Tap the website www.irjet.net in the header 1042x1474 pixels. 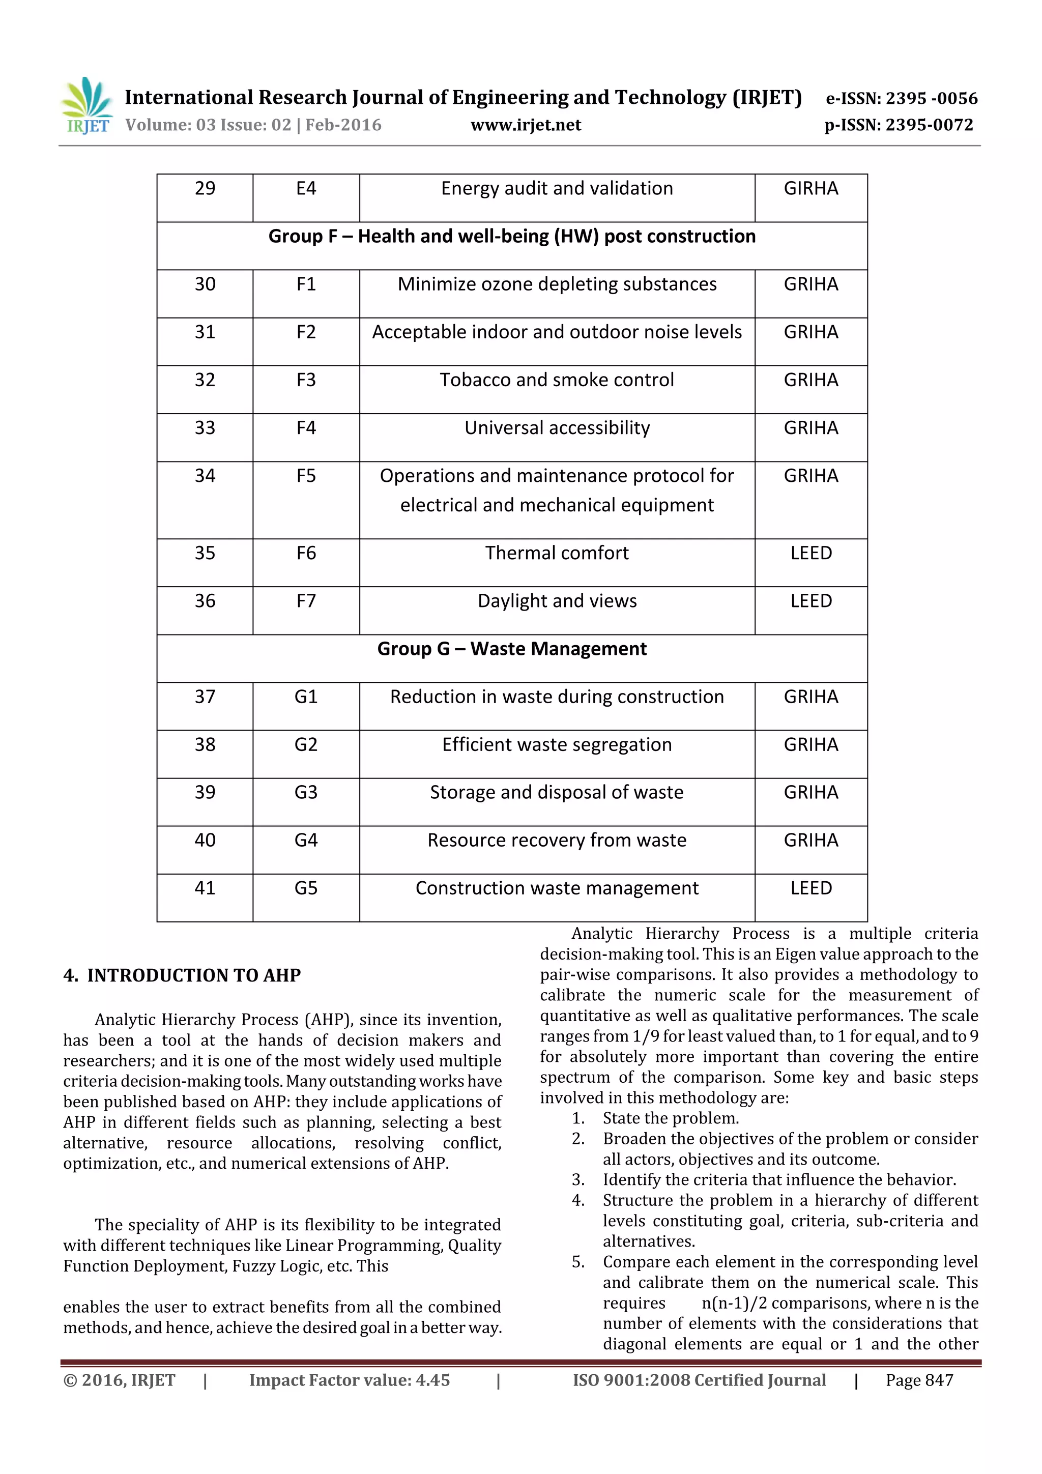(525, 125)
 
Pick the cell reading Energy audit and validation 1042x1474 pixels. (557, 189)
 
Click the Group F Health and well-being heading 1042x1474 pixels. (512, 236)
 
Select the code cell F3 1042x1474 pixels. (306, 380)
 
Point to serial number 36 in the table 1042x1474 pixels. (205, 601)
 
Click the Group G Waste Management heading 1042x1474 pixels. (512, 649)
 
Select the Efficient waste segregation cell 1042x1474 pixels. (557, 745)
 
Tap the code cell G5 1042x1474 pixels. (306, 888)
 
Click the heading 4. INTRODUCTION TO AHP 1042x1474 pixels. (182, 975)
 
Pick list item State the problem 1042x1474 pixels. (670, 1118)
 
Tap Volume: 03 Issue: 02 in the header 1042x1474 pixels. (208, 125)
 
